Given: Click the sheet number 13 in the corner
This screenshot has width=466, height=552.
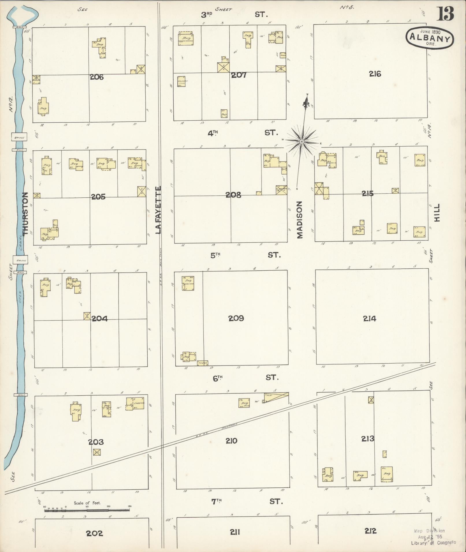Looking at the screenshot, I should pos(445,14).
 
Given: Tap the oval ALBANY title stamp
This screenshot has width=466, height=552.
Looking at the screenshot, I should pos(430,39).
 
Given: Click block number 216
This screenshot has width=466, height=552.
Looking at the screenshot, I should pos(375,74).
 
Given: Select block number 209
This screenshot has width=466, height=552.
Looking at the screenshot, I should pos(236,318).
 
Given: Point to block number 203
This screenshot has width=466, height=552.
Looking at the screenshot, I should pos(96,442).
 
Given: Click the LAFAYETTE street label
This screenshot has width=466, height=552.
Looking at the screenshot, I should pos(158,210).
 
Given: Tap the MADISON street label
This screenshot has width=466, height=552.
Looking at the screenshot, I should pos(300,220).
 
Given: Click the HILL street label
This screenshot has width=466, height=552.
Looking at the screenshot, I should pos(437,213).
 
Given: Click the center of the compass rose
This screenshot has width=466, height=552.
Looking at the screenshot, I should pos(302,141).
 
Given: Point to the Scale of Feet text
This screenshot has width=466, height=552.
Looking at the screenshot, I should pos(87,503).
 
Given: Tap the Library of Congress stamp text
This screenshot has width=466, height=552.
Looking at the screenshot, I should pos(433,542).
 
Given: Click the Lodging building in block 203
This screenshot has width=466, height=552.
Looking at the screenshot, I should pos(135,404).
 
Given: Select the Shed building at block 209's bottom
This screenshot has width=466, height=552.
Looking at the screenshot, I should pos(203,363).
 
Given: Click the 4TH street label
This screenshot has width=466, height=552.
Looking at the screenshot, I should pos(213,133).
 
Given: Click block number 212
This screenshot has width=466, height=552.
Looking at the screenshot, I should pos(370,531).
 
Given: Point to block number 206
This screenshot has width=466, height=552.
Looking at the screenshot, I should pos(96,77).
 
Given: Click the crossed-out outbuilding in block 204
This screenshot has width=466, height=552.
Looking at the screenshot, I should pos(87,316).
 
